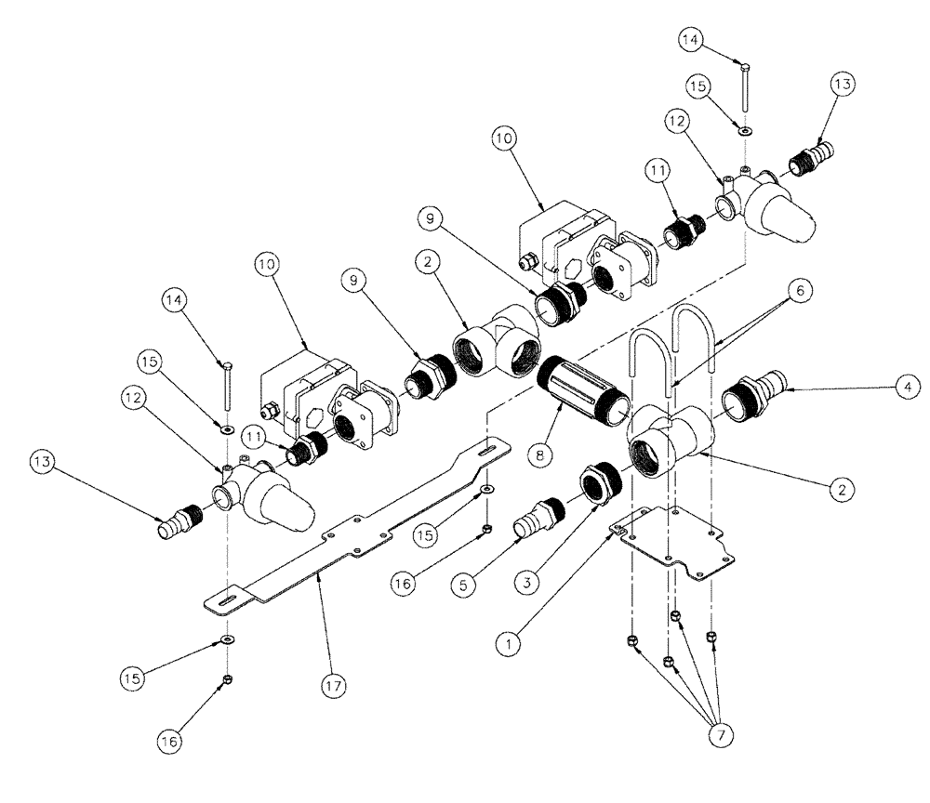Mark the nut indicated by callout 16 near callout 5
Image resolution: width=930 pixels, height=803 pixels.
point(487,530)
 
